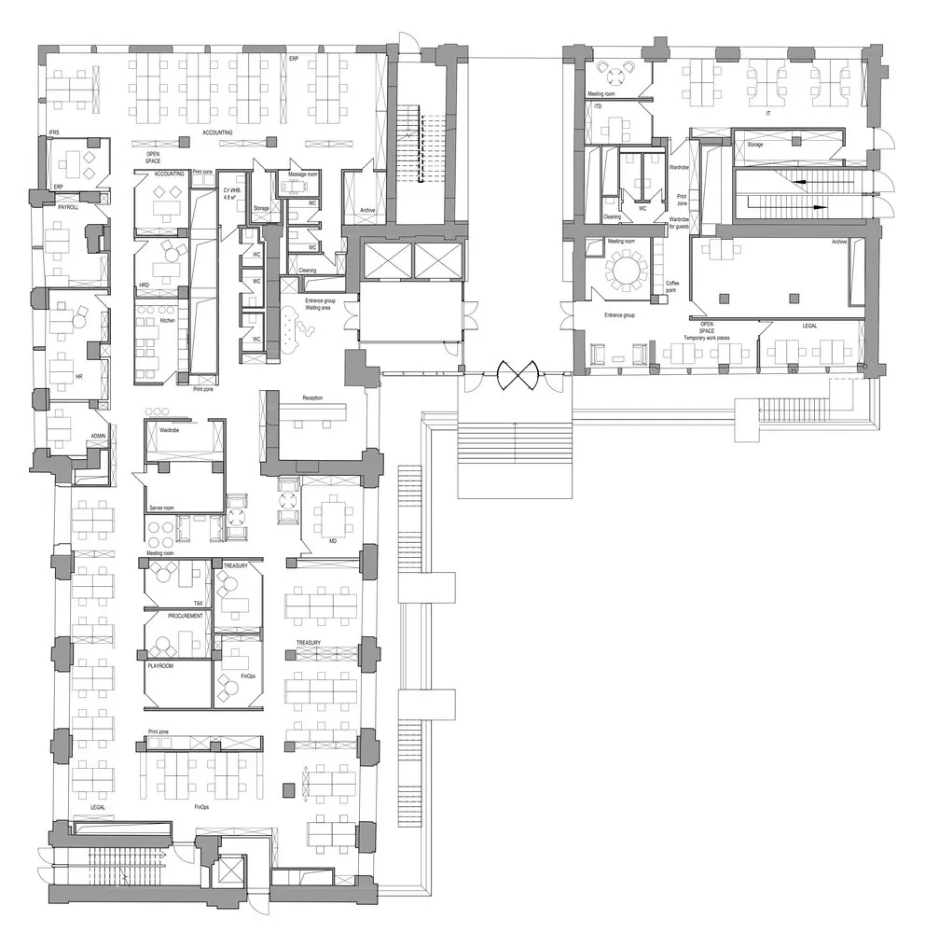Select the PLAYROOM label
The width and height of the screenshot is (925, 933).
point(161,667)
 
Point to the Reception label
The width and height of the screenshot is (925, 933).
point(312,398)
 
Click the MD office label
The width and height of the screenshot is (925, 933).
point(332,540)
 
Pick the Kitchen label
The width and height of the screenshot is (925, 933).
point(167,320)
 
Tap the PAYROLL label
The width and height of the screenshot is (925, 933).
point(68,207)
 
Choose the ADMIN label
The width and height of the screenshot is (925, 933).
point(97,436)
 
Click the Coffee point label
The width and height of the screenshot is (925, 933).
point(672,286)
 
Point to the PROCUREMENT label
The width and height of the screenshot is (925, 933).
point(186,617)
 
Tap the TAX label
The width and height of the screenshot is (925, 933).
point(198,604)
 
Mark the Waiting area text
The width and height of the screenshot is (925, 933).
point(320,309)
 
